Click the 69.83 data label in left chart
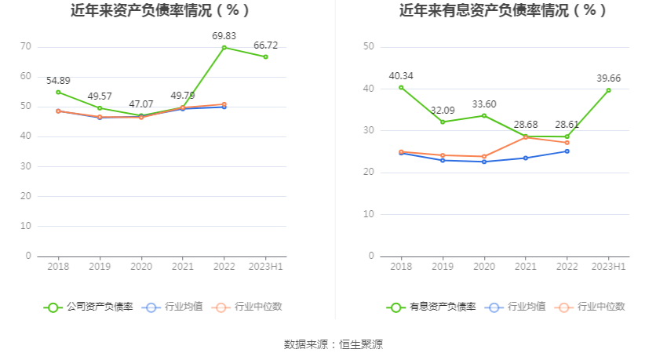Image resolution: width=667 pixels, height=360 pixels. click(x=224, y=36)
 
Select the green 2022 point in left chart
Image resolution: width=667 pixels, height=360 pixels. click(x=224, y=48)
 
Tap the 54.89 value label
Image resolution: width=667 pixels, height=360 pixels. click(x=58, y=80)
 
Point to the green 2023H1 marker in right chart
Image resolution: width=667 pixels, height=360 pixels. click(x=608, y=90)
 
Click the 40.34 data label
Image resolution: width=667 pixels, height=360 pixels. click(x=401, y=76)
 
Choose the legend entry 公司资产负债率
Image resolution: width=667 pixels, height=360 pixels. click(x=89, y=307)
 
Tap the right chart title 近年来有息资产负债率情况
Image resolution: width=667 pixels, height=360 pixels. click(x=503, y=11)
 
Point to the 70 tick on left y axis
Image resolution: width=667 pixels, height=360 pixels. click(x=26, y=47)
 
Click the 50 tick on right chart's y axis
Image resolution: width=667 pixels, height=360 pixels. click(x=368, y=47)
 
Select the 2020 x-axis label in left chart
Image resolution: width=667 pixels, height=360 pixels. click(x=141, y=267)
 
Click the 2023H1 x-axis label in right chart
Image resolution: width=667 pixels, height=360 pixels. click(x=608, y=267)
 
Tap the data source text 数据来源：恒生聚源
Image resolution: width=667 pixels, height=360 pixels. click(x=333, y=344)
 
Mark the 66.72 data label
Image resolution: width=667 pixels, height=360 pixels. click(x=265, y=45)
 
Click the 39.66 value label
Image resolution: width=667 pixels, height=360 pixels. click(x=608, y=78)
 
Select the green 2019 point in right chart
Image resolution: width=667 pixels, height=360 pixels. click(x=443, y=122)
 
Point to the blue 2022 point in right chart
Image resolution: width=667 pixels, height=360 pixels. click(x=567, y=151)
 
